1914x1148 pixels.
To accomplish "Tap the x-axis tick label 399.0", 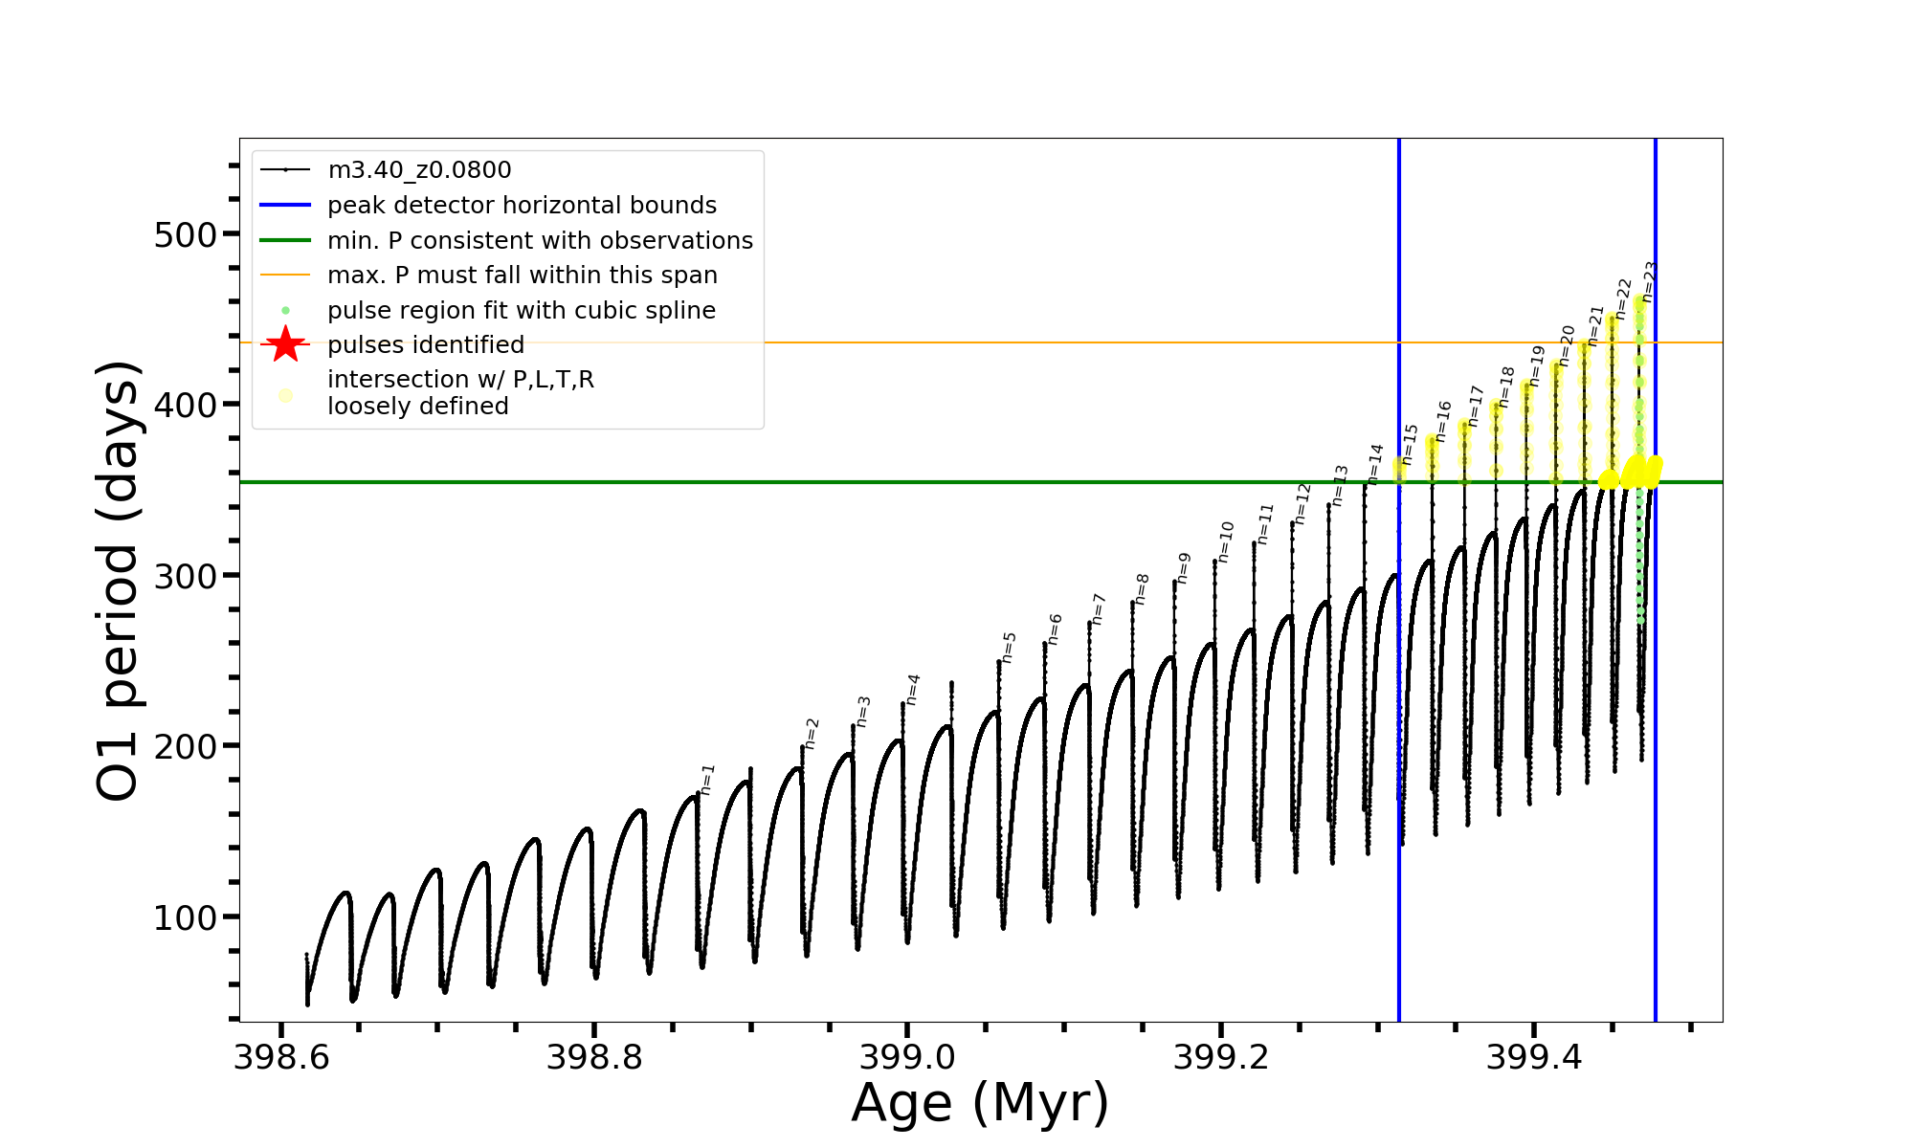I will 907,1057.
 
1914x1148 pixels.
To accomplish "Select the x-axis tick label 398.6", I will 281,1057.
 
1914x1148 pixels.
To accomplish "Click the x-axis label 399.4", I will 1533,1057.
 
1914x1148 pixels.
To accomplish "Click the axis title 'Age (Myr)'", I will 980,1103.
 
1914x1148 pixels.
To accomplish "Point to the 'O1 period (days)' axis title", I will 120,580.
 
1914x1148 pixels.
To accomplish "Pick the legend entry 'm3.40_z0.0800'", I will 419,170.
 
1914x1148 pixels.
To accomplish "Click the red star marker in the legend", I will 285,344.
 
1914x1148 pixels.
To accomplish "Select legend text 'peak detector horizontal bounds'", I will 522,206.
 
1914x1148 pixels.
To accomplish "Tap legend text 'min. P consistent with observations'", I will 540,240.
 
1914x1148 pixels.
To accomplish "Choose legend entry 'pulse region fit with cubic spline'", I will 522,311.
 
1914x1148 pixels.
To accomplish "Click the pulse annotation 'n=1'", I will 707,780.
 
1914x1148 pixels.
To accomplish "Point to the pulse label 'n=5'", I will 1009,647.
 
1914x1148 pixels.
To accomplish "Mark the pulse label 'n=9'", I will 1184,567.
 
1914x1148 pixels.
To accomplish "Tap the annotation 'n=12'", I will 1302,502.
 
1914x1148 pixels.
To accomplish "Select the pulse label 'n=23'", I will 1649,280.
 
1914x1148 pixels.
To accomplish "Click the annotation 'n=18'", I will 1507,386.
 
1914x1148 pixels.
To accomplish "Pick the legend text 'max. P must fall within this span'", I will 522,276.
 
